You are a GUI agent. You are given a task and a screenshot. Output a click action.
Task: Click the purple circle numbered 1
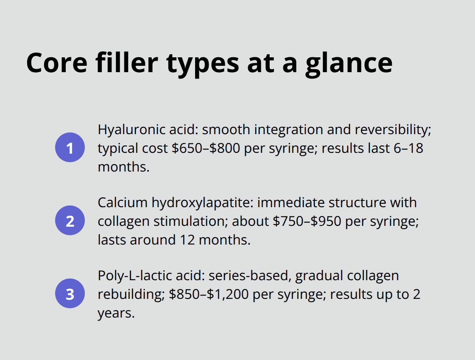(70, 148)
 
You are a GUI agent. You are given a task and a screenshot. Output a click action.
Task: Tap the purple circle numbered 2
(70, 221)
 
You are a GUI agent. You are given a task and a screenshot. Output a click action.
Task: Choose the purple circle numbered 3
(70, 294)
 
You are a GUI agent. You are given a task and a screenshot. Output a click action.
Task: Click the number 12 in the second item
(185, 240)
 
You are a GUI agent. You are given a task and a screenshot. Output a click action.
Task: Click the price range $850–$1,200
(207, 294)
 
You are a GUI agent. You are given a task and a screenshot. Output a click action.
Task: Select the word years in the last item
(116, 313)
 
